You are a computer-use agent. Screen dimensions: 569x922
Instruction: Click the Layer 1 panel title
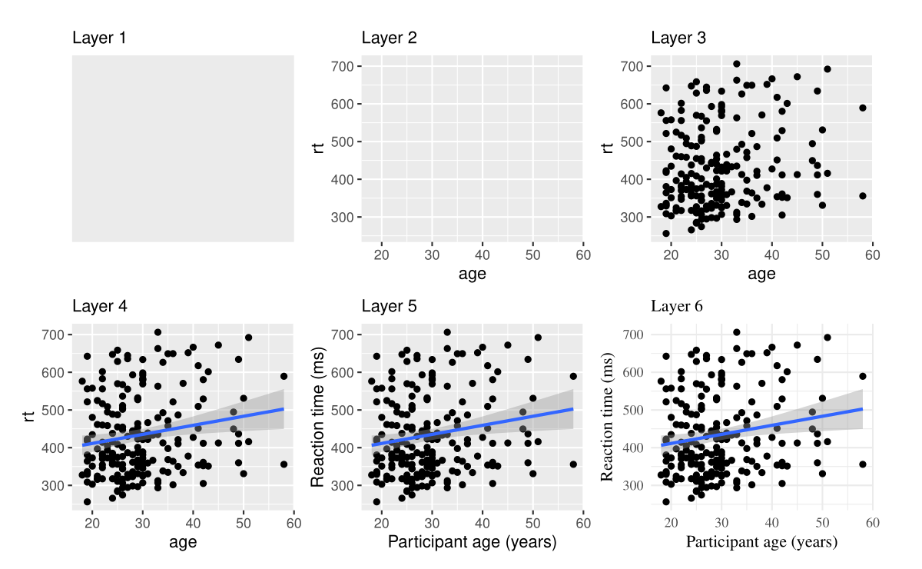click(100, 38)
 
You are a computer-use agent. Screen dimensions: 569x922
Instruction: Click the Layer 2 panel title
click(389, 38)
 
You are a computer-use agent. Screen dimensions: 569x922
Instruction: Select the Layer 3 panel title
click(678, 38)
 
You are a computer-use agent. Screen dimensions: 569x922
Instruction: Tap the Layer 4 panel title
click(100, 306)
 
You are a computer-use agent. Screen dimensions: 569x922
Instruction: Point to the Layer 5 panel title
click(389, 306)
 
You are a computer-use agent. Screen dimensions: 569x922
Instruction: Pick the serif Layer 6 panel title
click(677, 306)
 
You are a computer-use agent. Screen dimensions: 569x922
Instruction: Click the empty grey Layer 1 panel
click(183, 148)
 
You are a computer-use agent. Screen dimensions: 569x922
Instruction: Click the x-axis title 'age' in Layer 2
click(472, 274)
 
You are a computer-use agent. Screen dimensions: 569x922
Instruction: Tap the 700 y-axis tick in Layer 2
click(342, 66)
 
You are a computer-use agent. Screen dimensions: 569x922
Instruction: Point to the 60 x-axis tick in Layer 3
click(872, 255)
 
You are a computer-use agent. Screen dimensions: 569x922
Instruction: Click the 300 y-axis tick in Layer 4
click(52, 485)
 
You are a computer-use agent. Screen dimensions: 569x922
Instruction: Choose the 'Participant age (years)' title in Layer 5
click(472, 542)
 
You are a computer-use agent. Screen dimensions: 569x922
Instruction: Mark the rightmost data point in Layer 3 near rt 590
click(862, 108)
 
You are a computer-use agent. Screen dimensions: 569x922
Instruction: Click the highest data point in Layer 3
click(736, 64)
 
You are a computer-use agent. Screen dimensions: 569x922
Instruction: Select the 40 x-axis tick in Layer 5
click(483, 523)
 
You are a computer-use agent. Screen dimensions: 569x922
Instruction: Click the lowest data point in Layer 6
click(666, 502)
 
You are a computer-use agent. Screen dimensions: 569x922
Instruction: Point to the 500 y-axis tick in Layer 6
click(632, 410)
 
